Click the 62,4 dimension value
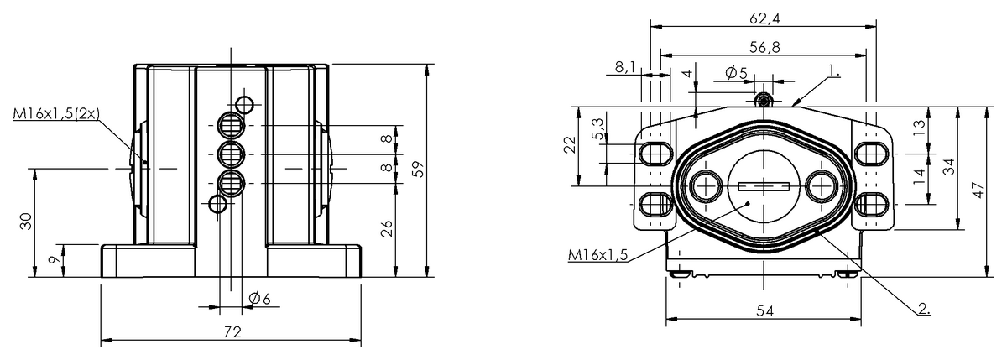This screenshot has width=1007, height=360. click(764, 18)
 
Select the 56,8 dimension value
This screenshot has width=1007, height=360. click(764, 47)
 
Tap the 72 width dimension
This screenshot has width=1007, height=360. click(232, 332)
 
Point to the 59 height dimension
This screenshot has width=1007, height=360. click(419, 170)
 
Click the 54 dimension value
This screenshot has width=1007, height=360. click(765, 311)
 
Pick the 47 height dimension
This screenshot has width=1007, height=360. click(978, 190)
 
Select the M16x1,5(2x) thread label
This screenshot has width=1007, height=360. click(56, 114)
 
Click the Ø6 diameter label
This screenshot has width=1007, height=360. click(259, 298)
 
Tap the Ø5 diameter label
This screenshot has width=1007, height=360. click(737, 72)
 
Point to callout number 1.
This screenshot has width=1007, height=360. click(834, 70)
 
